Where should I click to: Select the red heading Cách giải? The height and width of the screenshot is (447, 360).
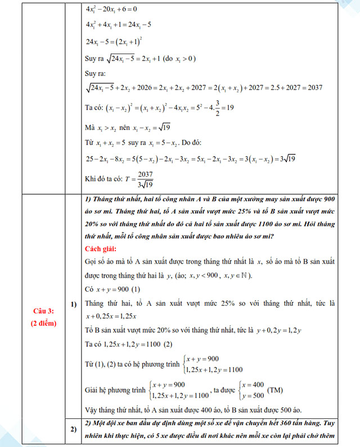(102, 249)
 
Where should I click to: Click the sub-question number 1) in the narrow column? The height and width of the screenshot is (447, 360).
(73, 305)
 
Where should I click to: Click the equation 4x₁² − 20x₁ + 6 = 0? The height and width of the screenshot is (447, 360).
(111, 10)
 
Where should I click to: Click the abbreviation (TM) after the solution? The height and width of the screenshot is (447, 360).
(276, 390)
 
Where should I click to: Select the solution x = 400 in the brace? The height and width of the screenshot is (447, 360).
(254, 384)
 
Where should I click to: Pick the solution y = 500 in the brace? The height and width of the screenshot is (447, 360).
(254, 396)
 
